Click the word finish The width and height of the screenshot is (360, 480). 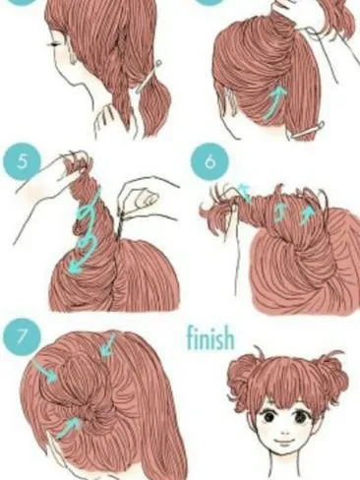click(x=210, y=339)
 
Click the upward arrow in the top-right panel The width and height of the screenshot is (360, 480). click(x=278, y=96)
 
